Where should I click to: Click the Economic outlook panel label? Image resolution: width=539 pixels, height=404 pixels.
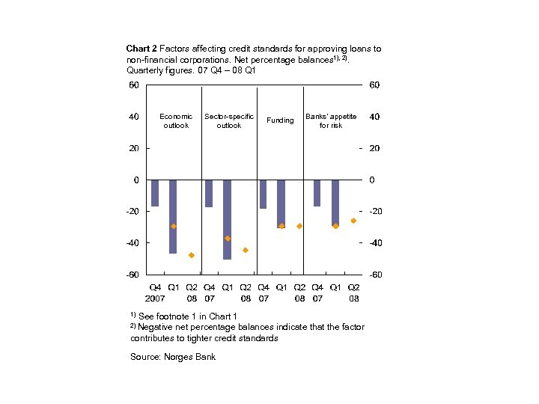pyautogui.click(x=176, y=120)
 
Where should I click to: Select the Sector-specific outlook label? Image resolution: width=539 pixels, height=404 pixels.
pyautogui.click(x=229, y=120)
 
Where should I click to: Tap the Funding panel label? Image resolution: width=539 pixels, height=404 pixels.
pyautogui.click(x=280, y=120)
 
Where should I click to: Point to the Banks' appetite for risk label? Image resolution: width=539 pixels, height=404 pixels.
pyautogui.click(x=331, y=120)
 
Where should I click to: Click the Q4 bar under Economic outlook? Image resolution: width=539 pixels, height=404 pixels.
pyautogui.click(x=155, y=193)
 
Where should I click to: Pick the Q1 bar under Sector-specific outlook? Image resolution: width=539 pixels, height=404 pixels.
pyautogui.click(x=227, y=219)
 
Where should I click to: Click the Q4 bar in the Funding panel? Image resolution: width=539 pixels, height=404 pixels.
pyautogui.click(x=263, y=194)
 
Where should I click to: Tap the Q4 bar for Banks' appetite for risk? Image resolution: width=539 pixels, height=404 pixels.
pyautogui.click(x=317, y=193)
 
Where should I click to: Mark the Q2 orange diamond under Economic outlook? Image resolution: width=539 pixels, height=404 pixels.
pyautogui.click(x=191, y=255)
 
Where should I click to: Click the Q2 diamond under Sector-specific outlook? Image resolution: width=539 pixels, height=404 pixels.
pyautogui.click(x=245, y=250)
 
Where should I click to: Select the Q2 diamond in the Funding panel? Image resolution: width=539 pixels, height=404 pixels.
pyautogui.click(x=299, y=226)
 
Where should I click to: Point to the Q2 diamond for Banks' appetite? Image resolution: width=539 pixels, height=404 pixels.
pyautogui.click(x=353, y=221)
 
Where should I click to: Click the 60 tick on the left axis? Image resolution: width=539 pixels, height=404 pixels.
pyautogui.click(x=133, y=85)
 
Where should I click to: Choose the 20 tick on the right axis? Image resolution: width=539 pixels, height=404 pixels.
pyautogui.click(x=374, y=148)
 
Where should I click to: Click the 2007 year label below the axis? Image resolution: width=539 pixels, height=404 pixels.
pyautogui.click(x=155, y=298)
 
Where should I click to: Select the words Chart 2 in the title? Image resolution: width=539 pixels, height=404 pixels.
pyautogui.click(x=141, y=49)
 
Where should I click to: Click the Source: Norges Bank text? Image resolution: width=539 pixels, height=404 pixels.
pyautogui.click(x=173, y=357)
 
